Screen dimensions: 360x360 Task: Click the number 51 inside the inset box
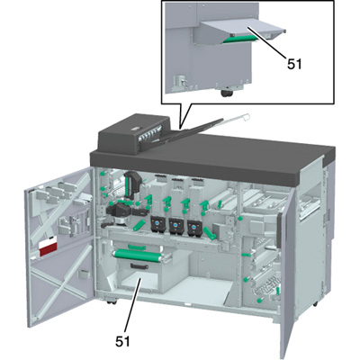pos(294,64)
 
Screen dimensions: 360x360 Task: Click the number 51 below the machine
pos(123,341)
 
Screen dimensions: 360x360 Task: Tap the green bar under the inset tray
pos(240,39)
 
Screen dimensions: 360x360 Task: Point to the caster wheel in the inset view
pos(226,94)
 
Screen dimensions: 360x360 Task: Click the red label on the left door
pos(48,249)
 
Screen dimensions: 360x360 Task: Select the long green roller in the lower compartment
pos(137,255)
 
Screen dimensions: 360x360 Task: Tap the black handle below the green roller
pos(139,265)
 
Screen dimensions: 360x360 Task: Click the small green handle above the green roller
pos(137,247)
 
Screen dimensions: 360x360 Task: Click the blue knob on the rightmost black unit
pos(193,223)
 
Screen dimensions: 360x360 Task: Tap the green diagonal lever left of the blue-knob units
pos(139,226)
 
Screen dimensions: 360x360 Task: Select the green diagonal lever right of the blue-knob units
pos(210,233)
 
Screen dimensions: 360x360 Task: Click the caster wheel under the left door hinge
pos(111,301)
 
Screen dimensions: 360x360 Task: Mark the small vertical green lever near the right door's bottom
pos(278,291)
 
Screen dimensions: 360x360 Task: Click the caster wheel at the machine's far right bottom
pos(314,304)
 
